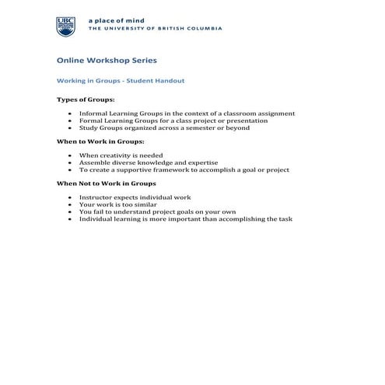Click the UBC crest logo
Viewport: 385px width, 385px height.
[x=66, y=26]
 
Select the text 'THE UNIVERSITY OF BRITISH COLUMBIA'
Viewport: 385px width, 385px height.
[x=156, y=29]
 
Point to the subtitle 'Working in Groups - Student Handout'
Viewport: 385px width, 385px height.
[x=120, y=80]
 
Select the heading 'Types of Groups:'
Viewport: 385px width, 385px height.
[x=86, y=100]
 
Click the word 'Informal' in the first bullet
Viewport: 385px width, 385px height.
[x=94, y=114]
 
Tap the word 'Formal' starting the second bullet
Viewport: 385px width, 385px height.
[x=91, y=121]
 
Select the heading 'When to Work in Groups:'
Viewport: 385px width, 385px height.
[x=100, y=142]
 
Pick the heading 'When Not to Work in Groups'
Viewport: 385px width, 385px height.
[x=107, y=184]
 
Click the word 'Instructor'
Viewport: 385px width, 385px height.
[x=97, y=198]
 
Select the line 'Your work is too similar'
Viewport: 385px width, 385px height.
[x=117, y=205]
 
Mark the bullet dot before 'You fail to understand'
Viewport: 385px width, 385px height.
[x=71, y=212]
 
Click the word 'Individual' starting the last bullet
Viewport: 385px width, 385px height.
[x=97, y=219]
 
